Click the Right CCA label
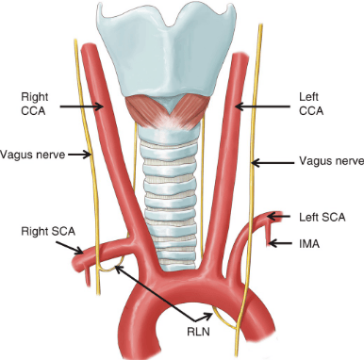click(x=35, y=104)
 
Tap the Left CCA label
click(x=311, y=104)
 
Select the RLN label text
click(x=198, y=332)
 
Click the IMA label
click(x=309, y=243)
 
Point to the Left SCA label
click(x=323, y=217)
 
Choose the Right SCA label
click(x=48, y=232)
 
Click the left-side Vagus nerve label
click(x=33, y=155)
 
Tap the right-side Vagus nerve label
click(x=331, y=161)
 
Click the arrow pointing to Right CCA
click(x=82, y=106)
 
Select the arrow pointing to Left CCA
click(x=262, y=106)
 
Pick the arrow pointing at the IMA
click(x=280, y=243)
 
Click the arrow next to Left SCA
click(x=279, y=217)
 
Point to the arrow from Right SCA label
click(x=69, y=247)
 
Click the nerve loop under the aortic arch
click(x=223, y=319)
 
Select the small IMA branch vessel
click(x=268, y=235)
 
